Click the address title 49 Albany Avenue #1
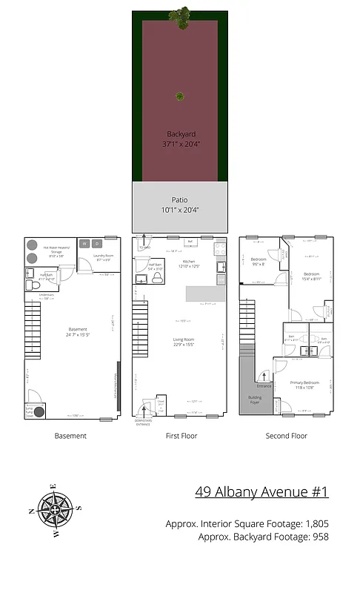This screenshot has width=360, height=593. click(261, 491)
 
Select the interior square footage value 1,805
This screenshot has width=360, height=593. click(314, 524)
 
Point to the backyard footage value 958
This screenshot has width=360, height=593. click(319, 537)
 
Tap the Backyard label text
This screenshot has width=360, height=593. click(179, 134)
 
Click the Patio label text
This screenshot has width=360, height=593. click(179, 199)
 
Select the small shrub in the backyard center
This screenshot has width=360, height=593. click(179, 96)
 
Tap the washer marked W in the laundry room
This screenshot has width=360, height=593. click(84, 243)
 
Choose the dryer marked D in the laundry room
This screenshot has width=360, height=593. click(96, 243)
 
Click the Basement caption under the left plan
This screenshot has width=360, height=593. click(70, 436)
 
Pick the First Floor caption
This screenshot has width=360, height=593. click(181, 436)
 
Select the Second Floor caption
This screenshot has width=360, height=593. click(286, 436)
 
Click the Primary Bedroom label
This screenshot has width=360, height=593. click(302, 384)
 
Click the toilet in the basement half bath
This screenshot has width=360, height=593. click(31, 284)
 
